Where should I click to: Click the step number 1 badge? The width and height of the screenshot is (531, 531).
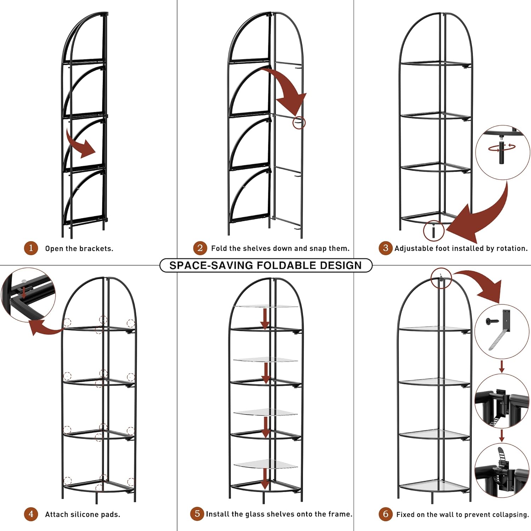point(31,248)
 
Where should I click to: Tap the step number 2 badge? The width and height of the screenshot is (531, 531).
point(200,248)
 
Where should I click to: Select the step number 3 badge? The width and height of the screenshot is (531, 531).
point(386,248)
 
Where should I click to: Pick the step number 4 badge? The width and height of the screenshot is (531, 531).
point(31,514)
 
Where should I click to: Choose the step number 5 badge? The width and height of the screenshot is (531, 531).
point(197,514)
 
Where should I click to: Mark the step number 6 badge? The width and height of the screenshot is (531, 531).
point(386,514)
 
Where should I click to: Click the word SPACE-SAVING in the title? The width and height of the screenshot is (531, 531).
point(211,265)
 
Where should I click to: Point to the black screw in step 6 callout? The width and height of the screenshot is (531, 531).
point(492,321)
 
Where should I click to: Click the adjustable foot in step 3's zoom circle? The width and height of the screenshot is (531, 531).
point(502,153)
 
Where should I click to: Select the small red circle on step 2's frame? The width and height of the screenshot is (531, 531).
point(299,122)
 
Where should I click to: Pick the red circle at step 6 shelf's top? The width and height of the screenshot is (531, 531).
point(441,278)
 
